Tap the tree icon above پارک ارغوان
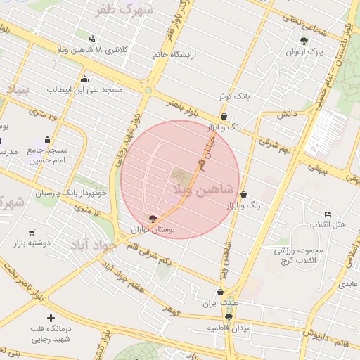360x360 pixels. click(304, 41)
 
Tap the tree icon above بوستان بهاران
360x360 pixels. click(153, 219)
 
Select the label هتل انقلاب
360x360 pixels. click(328, 224)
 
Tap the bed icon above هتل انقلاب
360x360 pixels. click(328, 214)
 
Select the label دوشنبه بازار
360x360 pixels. click(32, 243)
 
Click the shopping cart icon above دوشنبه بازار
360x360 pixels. click(32, 232)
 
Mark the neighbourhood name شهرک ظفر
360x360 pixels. click(127, 9)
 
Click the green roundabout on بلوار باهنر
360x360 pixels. click(148, 90)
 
